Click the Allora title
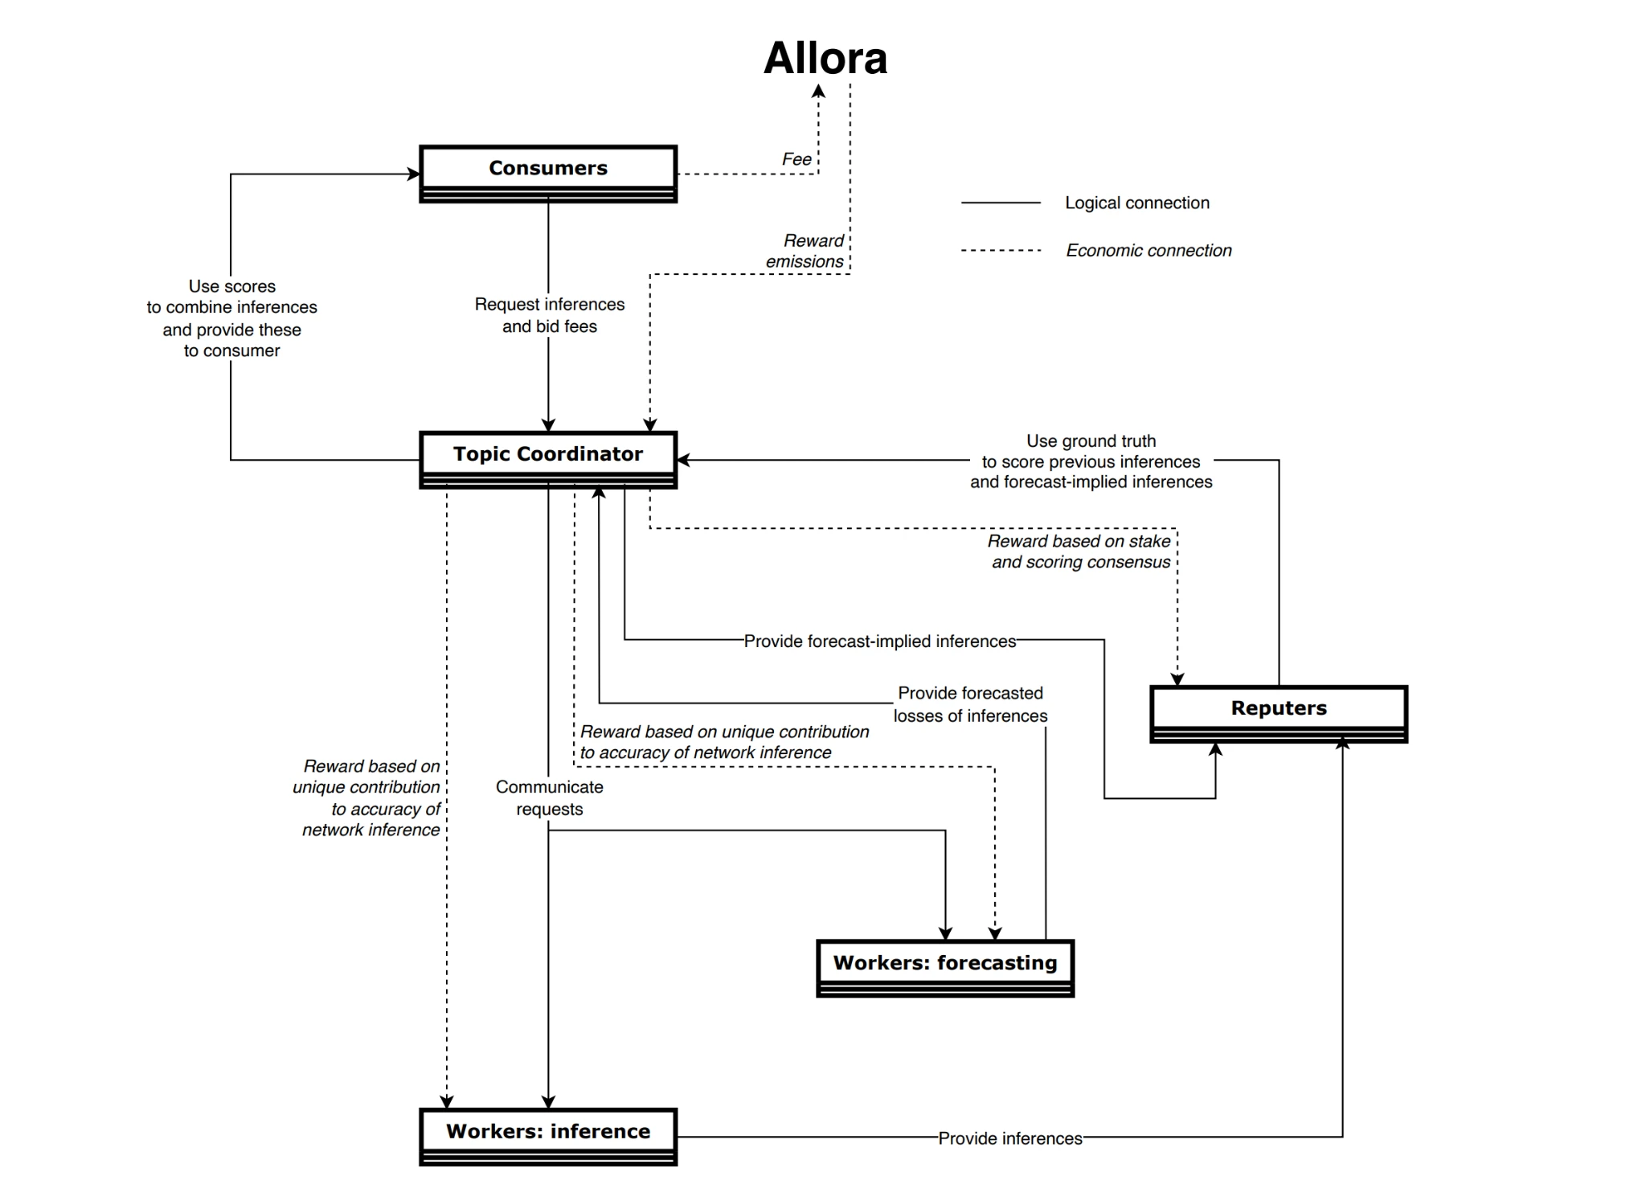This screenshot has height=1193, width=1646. (825, 59)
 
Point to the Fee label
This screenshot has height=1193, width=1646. (796, 159)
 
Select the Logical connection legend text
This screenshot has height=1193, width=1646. (1136, 203)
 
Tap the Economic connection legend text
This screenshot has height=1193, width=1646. (1149, 250)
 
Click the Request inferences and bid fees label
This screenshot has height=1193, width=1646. (550, 315)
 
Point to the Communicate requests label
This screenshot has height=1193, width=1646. (550, 797)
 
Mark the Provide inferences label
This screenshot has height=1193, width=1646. (1010, 1138)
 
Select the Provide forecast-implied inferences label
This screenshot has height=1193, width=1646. (880, 641)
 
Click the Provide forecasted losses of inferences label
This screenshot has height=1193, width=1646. (970, 704)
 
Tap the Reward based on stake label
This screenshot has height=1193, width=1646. (1080, 551)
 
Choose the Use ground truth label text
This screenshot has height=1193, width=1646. (1091, 461)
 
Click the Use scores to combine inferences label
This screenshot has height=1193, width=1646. (232, 318)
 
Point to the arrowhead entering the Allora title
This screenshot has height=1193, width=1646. (818, 91)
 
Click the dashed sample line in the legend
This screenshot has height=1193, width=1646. (1001, 250)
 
